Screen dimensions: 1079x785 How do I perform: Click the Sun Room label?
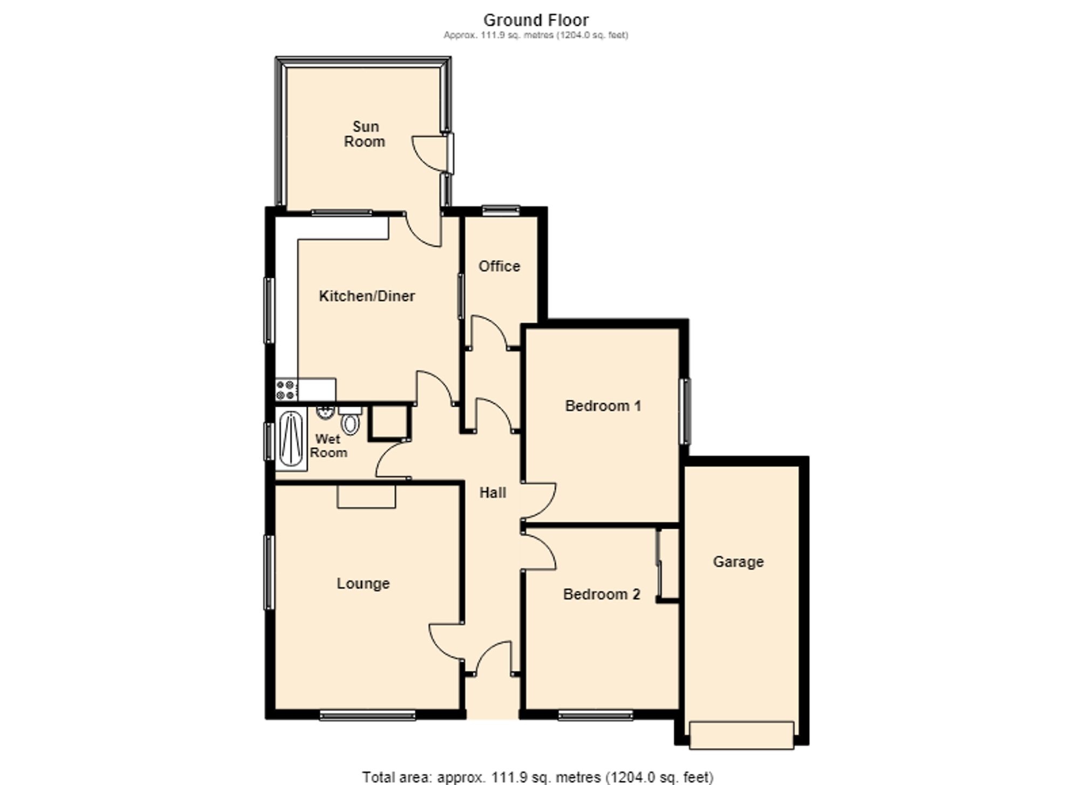tap(365, 134)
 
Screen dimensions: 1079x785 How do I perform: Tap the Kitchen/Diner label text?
tap(367, 296)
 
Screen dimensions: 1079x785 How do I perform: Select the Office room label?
tap(500, 266)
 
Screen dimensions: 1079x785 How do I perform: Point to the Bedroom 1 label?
tap(603, 406)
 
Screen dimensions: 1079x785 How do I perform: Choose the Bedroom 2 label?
tap(602, 594)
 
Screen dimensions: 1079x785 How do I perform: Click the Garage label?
tap(738, 562)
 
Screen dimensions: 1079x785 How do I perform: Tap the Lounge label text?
tap(363, 583)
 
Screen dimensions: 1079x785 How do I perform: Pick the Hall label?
tap(493, 492)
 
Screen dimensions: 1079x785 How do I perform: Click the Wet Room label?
tap(329, 446)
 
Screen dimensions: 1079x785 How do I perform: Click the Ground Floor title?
tap(536, 20)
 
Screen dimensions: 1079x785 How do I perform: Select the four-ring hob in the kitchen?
tap(286, 390)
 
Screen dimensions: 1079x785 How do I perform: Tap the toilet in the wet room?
tap(350, 420)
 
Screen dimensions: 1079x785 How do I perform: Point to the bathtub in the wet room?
tap(291, 439)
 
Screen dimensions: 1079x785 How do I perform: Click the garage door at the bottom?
tap(741, 735)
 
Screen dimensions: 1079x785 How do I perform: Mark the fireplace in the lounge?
tap(366, 496)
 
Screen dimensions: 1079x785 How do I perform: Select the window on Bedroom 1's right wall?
tap(685, 411)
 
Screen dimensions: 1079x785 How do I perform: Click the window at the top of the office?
tap(501, 210)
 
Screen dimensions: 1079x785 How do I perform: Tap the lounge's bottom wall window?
tap(367, 715)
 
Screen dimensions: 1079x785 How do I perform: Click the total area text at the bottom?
tap(537, 777)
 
